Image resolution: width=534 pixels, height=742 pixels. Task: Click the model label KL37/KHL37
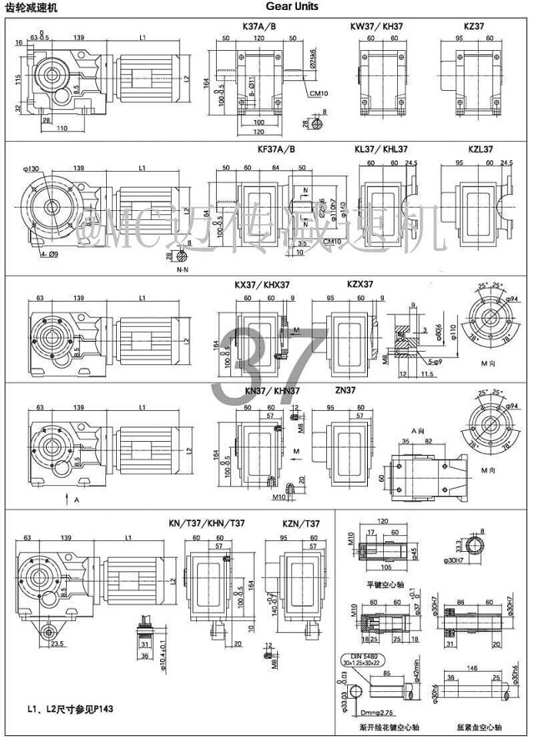[381, 150]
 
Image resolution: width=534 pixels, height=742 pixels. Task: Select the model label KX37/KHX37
[262, 284]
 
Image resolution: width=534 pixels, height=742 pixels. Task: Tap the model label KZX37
[361, 284]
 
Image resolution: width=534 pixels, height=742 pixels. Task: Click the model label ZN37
[345, 390]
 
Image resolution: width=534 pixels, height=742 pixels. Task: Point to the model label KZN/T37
[301, 523]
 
